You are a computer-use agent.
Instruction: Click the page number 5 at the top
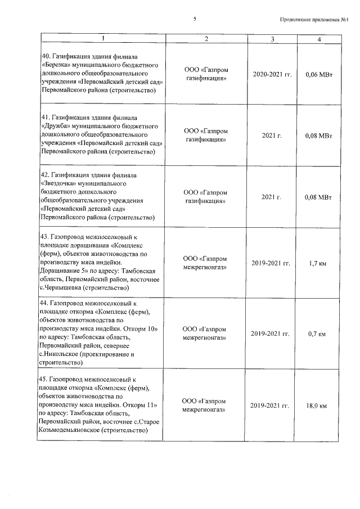[x=195, y=19]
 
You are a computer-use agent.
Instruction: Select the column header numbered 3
[x=272, y=39]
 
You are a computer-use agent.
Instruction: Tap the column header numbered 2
[x=206, y=39]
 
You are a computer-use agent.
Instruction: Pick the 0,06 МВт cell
[x=318, y=74]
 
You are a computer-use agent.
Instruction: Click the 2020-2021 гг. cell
[x=272, y=74]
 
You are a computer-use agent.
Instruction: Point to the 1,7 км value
[x=318, y=263]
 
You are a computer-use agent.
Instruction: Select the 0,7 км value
[x=318, y=334]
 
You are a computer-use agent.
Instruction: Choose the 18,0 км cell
[x=318, y=406]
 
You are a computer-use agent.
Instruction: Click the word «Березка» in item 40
[x=55, y=65]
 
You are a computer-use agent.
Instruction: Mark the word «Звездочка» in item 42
[x=58, y=184]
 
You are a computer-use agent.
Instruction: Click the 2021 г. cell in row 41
[x=272, y=135]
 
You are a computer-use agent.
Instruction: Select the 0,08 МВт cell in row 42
[x=318, y=197]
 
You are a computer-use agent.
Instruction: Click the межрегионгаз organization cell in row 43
[x=206, y=263]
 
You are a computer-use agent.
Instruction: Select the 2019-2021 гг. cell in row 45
[x=272, y=406]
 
